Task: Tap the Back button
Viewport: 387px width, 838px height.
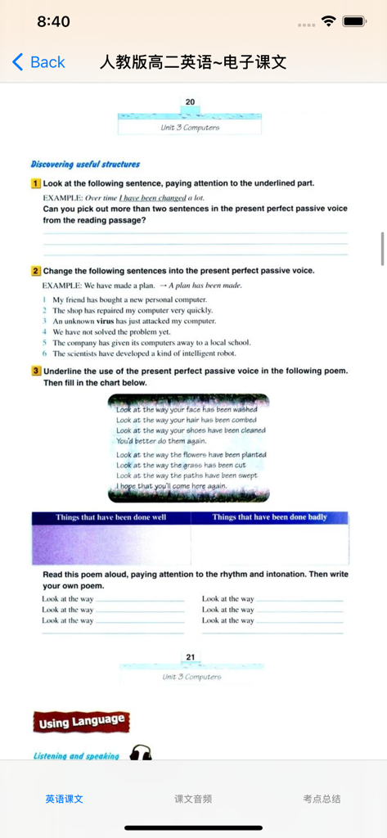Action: pyautogui.click(x=38, y=62)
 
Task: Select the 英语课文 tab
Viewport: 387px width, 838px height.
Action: pyautogui.click(x=64, y=799)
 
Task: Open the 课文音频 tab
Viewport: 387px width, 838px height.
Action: pyautogui.click(x=193, y=799)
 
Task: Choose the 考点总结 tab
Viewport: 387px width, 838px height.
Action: pyautogui.click(x=322, y=799)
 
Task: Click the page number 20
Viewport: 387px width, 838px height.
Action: pyautogui.click(x=190, y=102)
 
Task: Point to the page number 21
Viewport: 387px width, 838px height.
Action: pyautogui.click(x=190, y=657)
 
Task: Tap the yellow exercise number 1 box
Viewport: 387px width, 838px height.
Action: pyautogui.click(x=36, y=183)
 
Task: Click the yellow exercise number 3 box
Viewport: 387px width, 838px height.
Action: pyautogui.click(x=36, y=371)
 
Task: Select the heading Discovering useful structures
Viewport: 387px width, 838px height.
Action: pyautogui.click(x=85, y=164)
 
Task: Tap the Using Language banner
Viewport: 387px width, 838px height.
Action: pyautogui.click(x=82, y=722)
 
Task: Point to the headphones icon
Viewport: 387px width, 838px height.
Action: pyautogui.click(x=141, y=753)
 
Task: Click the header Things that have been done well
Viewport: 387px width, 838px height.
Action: pyautogui.click(x=111, y=517)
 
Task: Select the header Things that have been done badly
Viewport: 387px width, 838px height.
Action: pyautogui.click(x=269, y=517)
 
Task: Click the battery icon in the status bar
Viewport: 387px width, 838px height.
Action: pyautogui.click(x=354, y=21)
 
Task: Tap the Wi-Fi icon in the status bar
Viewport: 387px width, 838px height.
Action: pyautogui.click(x=329, y=21)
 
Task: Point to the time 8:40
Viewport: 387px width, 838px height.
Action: pyautogui.click(x=53, y=22)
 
